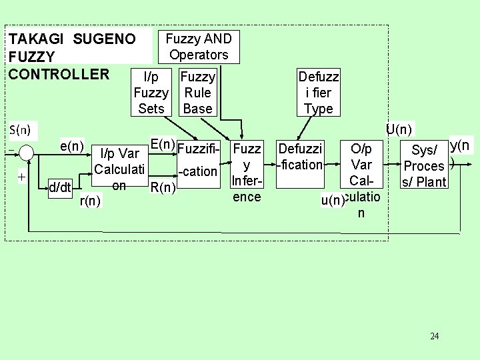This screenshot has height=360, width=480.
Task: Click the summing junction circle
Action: [x=26, y=153]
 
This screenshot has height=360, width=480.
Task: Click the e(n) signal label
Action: [x=71, y=145]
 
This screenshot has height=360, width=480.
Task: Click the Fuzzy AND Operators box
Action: [x=198, y=47]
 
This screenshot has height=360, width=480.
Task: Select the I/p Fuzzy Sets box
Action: [x=151, y=92]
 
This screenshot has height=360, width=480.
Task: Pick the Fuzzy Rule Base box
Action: [x=197, y=92]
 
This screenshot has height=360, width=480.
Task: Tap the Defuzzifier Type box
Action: [x=319, y=93]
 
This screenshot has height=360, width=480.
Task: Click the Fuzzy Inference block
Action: [x=247, y=171]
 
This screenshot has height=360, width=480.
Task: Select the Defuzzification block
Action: [x=300, y=156]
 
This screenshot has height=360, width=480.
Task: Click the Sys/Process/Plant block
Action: [x=425, y=166]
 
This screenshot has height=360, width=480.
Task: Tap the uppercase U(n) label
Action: [x=399, y=129]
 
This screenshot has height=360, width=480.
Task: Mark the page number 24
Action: [x=435, y=336]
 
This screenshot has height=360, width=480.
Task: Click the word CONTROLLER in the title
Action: [x=58, y=73]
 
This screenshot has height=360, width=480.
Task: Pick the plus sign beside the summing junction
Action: [x=21, y=177]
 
